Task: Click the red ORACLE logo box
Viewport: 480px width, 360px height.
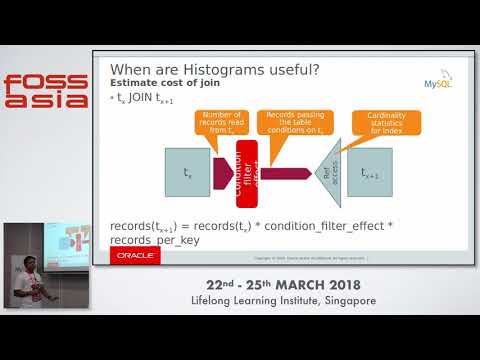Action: (134, 256)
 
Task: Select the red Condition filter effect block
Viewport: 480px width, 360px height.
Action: (247, 172)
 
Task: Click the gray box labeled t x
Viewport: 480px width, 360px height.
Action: (187, 172)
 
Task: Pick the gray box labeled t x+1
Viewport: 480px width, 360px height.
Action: (370, 173)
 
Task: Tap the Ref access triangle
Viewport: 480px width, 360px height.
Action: (328, 172)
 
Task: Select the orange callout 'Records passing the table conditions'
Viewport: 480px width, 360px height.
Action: (291, 122)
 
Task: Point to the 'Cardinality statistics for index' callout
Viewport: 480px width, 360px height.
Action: (379, 122)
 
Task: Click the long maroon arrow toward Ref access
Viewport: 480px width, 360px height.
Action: (286, 173)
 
